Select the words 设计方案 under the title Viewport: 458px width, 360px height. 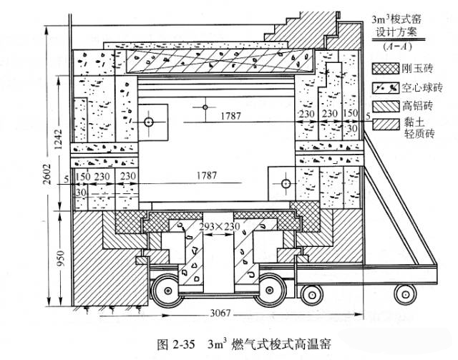401,33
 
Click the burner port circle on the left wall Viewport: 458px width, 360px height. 149,122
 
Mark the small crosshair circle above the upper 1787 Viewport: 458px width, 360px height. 205,107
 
